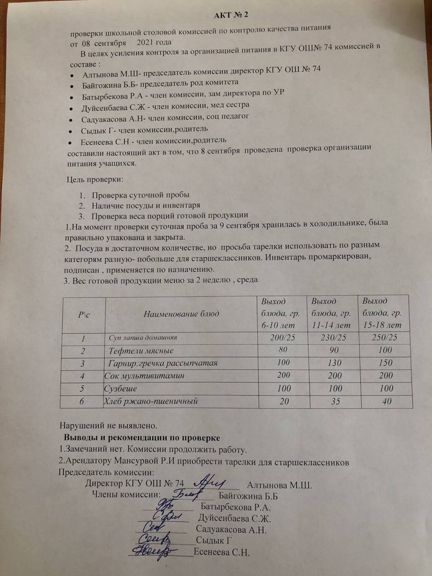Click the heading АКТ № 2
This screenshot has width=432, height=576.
pyautogui.click(x=231, y=15)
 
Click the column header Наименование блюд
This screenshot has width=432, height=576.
pyautogui.click(x=181, y=313)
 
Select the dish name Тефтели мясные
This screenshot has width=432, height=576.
pyautogui.click(x=141, y=351)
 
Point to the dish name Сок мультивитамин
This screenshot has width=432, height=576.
pyautogui.click(x=144, y=376)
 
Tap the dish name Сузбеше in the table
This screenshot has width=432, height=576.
pyautogui.click(x=120, y=388)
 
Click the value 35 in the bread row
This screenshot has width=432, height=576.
pyautogui.click(x=335, y=401)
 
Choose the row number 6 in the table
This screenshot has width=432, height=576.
pyautogui.click(x=81, y=401)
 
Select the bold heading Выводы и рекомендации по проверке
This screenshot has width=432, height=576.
pyautogui.click(x=142, y=437)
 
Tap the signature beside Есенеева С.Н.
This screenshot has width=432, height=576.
pyautogui.click(x=153, y=551)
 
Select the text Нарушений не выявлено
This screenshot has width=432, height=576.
pyautogui.click(x=108, y=425)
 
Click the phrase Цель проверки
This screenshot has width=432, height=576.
pyautogui.click(x=94, y=180)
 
